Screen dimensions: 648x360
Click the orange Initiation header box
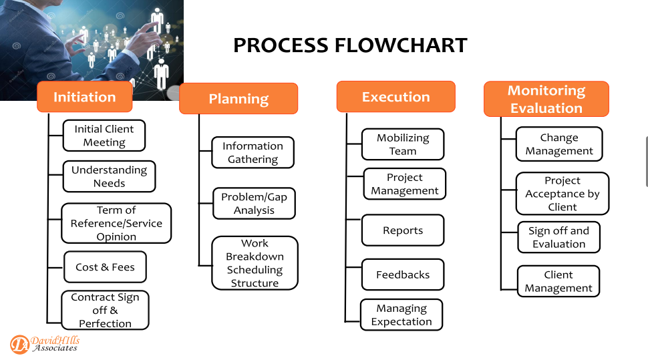point(85,97)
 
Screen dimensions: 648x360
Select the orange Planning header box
point(238,98)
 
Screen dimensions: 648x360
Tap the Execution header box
point(396,97)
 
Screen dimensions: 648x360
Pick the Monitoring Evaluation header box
point(546,99)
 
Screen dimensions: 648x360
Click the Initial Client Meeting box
point(104,136)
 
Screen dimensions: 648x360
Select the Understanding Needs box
point(109,176)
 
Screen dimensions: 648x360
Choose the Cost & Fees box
point(106,267)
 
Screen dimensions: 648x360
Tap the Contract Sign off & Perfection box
point(105,310)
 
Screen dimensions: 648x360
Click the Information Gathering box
point(253,152)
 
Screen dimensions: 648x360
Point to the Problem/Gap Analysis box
point(254,203)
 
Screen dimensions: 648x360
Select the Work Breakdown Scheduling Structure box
point(255,263)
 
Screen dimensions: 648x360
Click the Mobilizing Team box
point(403,144)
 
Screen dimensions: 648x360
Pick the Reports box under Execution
point(403,230)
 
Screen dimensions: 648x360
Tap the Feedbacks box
point(403,275)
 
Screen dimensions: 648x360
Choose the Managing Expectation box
point(401,315)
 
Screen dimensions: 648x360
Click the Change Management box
point(559,144)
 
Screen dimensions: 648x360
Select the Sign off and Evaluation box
point(558,237)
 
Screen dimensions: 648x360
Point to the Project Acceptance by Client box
point(562,194)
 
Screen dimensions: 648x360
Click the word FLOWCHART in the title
point(401,45)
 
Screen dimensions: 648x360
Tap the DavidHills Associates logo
point(45,344)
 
